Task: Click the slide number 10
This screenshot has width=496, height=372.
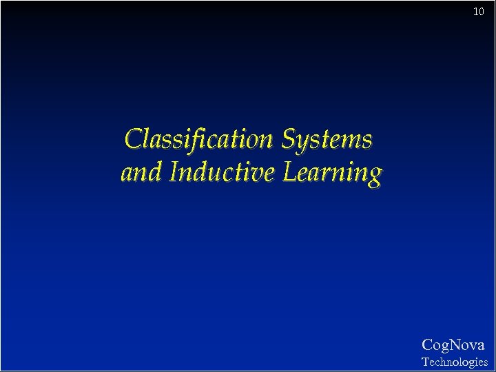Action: (x=479, y=11)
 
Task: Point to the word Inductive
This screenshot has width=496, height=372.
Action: (x=222, y=172)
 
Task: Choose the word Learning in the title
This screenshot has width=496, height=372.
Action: (x=331, y=174)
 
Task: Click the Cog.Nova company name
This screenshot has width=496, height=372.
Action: (x=453, y=345)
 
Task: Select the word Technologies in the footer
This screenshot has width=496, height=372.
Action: (x=454, y=362)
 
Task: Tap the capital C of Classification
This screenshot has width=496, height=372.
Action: (x=133, y=140)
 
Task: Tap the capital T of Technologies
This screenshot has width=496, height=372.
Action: (x=425, y=361)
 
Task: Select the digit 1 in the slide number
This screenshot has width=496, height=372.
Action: (x=476, y=11)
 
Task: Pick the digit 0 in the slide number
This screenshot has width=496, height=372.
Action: (x=482, y=11)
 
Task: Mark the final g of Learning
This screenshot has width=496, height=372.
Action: (x=373, y=176)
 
